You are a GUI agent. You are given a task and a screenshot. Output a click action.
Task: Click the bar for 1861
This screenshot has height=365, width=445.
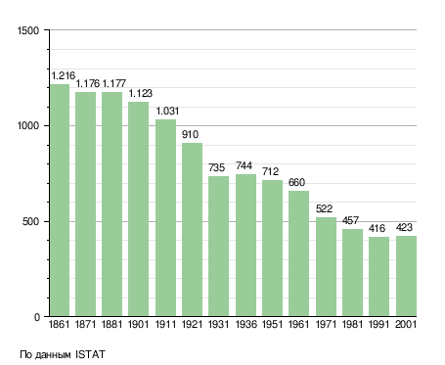(60, 201)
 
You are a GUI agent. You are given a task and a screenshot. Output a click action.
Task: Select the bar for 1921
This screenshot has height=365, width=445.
(192, 230)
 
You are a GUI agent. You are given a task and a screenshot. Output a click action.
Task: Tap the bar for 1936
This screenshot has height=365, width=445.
(245, 246)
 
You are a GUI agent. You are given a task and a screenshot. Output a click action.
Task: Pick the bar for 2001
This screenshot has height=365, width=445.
(406, 276)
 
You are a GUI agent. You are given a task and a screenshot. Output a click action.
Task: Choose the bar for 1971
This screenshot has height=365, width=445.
(326, 266)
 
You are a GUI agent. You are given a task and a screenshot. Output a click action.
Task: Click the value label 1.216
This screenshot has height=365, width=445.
(64, 75)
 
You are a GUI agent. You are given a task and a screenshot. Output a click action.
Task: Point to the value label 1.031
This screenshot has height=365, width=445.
(167, 111)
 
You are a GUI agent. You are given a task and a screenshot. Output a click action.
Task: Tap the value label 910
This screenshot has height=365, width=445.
(190, 134)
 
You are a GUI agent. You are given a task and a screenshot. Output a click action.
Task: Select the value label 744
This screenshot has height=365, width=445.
(244, 165)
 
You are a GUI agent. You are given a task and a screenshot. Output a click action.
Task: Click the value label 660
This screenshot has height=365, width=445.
(296, 182)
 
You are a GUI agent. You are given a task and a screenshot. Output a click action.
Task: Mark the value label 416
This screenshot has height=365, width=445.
(378, 228)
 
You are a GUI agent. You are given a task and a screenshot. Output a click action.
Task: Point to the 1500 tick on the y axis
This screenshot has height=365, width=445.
(28, 30)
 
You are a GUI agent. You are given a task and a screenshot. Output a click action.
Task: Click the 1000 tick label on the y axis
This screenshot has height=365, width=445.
(28, 125)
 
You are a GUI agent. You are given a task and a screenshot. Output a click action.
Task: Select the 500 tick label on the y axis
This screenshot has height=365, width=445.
(30, 221)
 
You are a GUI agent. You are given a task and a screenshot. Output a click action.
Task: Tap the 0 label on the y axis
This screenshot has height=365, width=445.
(37, 317)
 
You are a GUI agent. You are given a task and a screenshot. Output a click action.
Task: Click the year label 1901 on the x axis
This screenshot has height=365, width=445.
(138, 324)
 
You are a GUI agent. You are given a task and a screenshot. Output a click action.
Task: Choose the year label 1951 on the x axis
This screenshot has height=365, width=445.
(272, 324)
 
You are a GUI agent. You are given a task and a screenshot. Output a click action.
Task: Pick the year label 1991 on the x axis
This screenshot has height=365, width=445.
(378, 324)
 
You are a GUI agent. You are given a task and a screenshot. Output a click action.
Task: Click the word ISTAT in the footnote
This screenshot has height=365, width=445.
(90, 354)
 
